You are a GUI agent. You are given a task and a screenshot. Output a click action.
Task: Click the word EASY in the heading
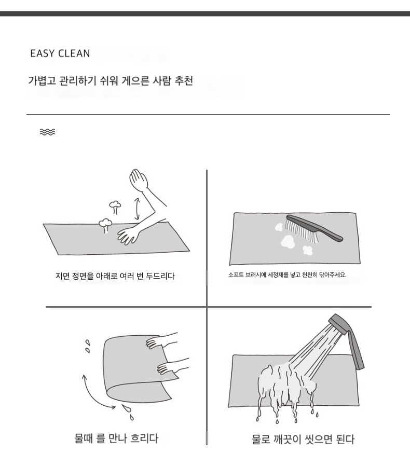tap(43, 53)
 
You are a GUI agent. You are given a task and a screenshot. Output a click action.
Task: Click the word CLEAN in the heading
tap(74, 53)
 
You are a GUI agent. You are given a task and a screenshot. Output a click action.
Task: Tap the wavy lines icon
tap(47, 132)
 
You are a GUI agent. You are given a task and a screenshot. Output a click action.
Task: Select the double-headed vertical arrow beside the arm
tap(137, 209)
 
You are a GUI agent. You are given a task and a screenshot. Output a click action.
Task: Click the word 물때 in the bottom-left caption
tap(84, 438)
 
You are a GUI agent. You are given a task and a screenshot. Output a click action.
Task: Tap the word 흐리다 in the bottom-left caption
tap(144, 438)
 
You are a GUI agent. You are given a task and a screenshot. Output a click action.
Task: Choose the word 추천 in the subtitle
tap(184, 81)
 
